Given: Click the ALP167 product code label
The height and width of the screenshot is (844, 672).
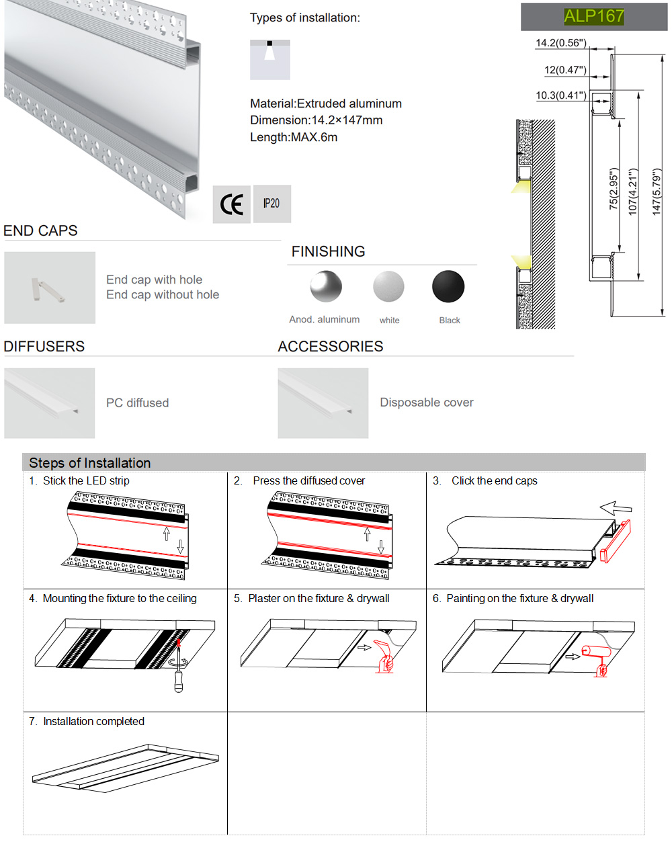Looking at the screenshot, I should [594, 16].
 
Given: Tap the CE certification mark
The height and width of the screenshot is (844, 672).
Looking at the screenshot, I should [232, 204].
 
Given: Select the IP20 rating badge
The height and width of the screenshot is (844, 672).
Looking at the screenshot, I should [271, 204].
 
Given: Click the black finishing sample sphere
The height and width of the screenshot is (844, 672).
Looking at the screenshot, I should [448, 287].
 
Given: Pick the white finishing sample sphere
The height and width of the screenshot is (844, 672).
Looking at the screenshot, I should [388, 287].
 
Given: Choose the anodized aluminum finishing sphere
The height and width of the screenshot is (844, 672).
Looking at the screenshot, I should [326, 287].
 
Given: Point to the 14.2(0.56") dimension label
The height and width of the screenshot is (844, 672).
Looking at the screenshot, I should [561, 43].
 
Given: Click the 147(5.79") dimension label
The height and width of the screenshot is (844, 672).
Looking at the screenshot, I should [657, 192].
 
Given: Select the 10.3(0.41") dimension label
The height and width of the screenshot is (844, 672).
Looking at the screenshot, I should [561, 95].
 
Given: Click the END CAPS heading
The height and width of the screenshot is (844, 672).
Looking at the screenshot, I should [40, 230].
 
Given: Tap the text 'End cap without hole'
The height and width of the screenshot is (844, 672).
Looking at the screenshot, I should [163, 294].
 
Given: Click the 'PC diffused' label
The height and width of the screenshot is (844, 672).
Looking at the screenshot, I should [137, 403].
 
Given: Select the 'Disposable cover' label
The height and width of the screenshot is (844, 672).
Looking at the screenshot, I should [427, 403].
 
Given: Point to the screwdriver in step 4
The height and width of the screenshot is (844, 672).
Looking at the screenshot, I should [179, 672].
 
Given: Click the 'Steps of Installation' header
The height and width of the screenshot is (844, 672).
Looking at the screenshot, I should [90, 463].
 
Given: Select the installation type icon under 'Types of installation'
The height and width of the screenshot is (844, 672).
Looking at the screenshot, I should [270, 60].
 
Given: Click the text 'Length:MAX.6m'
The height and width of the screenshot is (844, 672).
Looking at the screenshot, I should [294, 137].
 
